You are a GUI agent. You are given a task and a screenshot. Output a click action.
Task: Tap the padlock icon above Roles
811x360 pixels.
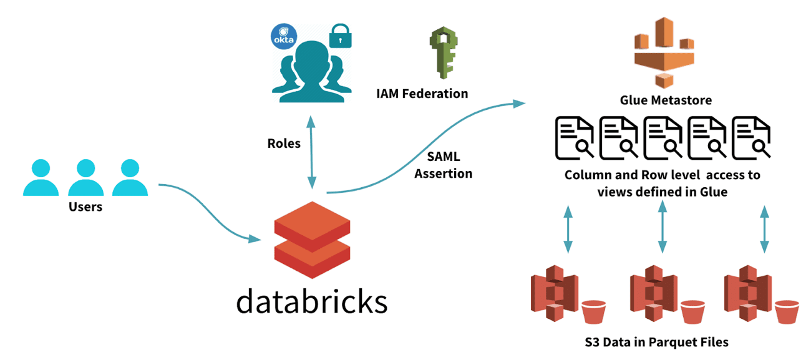pos(339,36)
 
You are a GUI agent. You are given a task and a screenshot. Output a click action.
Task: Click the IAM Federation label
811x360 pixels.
pos(422,94)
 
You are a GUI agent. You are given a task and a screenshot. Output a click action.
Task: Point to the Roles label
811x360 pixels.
pos(284,144)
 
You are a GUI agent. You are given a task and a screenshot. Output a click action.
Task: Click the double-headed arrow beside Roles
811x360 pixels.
pos(311,150)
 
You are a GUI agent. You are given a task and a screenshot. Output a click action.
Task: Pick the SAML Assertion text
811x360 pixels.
pos(444,165)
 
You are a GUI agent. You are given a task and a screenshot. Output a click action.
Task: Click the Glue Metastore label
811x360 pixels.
pos(666,100)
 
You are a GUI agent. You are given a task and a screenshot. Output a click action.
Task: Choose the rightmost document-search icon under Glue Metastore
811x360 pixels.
pos(751,139)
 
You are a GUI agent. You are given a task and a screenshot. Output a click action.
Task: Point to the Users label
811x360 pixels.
pos(85,207)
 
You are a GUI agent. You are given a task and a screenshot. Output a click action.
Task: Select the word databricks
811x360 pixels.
pos(311,301)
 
